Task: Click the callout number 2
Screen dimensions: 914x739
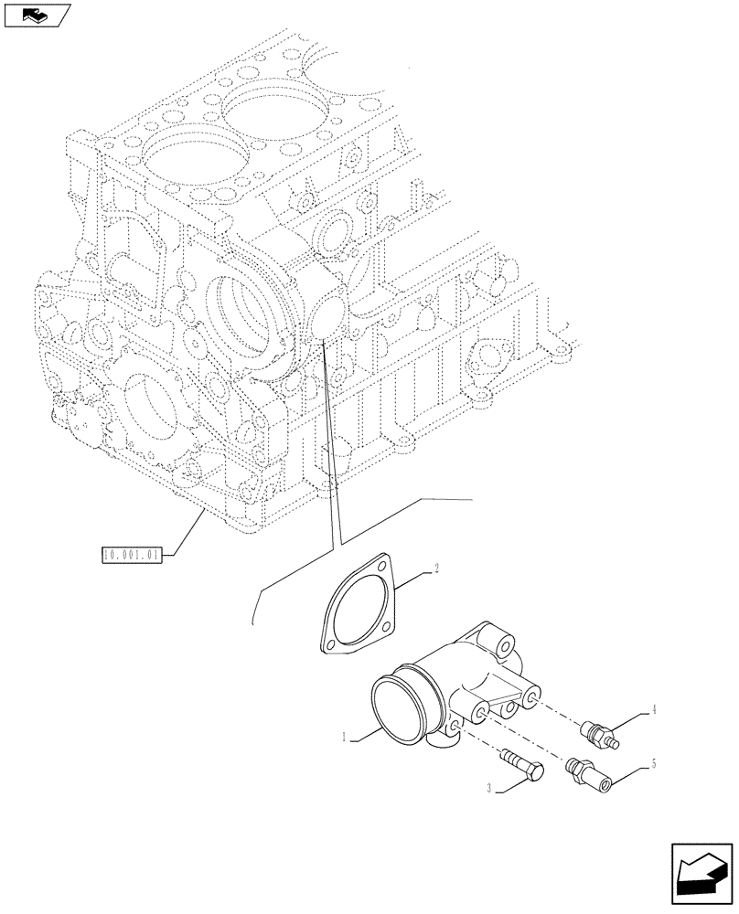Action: tap(437, 569)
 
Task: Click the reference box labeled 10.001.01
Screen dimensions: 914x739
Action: tap(131, 553)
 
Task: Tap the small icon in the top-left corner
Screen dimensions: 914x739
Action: tap(35, 15)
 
